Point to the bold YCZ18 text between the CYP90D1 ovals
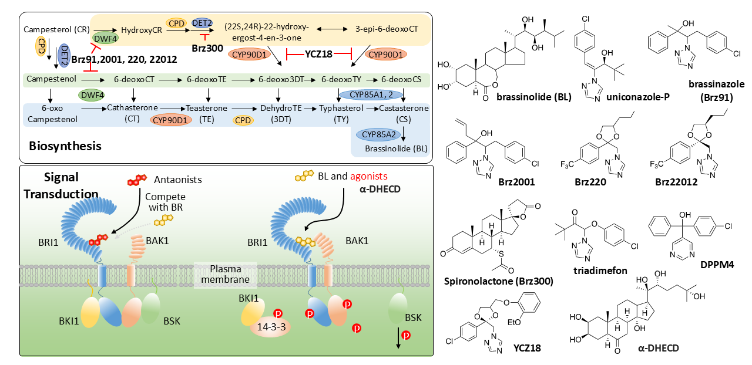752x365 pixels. click(319, 54)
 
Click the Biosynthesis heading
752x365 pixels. click(65, 145)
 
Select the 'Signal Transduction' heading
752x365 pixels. click(60, 185)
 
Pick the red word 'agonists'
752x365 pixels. click(371, 177)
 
